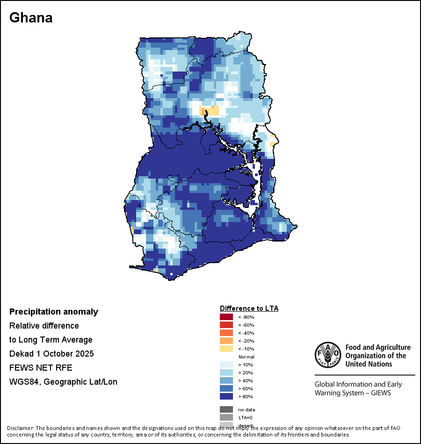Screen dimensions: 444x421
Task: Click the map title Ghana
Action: pyautogui.click(x=31, y=18)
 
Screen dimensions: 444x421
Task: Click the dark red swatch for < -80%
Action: pyautogui.click(x=226, y=317)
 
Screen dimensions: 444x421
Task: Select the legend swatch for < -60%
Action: pyautogui.click(x=226, y=325)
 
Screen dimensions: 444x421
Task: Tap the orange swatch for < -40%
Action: pyautogui.click(x=226, y=333)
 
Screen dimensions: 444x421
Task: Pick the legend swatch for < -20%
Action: pyautogui.click(x=226, y=341)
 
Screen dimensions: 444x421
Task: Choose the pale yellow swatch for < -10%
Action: pyautogui.click(x=226, y=349)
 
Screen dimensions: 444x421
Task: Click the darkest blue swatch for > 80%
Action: pyautogui.click(x=226, y=396)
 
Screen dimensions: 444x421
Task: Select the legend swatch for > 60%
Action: pyautogui.click(x=226, y=388)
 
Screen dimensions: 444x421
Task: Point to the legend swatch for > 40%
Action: pyautogui.click(x=226, y=380)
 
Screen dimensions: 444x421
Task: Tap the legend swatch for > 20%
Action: pyautogui.click(x=226, y=372)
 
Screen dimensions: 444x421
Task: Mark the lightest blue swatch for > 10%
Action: pyautogui.click(x=226, y=365)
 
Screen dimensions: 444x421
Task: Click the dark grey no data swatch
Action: pyautogui.click(x=226, y=409)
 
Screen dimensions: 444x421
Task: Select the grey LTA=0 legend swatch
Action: pyautogui.click(x=226, y=417)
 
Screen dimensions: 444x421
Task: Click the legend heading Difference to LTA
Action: pyautogui.click(x=249, y=308)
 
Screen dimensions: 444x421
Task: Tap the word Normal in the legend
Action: pyautogui.click(x=246, y=357)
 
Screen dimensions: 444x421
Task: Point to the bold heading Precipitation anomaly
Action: pyautogui.click(x=54, y=312)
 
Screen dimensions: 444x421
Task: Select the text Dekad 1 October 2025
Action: pyautogui.click(x=51, y=354)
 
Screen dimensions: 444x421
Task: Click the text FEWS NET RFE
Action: pyautogui.click(x=41, y=368)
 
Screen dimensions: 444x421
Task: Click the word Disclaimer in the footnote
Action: pyautogui.click(x=20, y=428)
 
